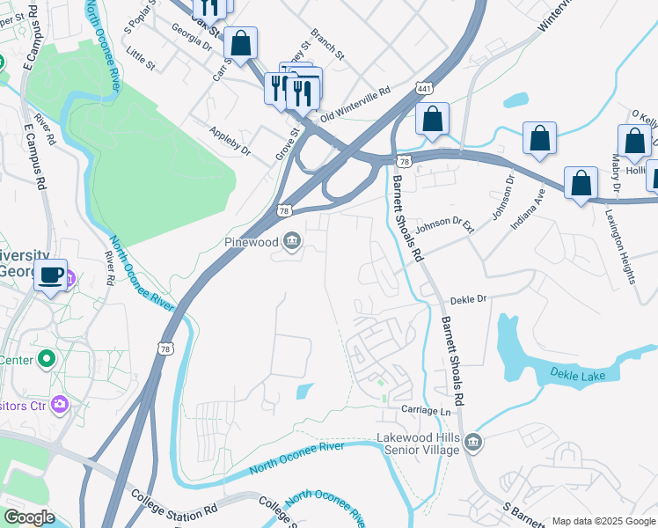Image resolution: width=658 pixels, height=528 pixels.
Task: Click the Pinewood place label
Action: [x=250, y=241]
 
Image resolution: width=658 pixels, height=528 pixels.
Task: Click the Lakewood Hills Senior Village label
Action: [x=418, y=444]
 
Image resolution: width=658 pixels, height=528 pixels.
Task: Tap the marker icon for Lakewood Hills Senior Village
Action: [x=473, y=441]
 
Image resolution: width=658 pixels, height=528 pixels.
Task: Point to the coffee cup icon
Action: [x=50, y=275]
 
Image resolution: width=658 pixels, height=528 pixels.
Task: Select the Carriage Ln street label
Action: [x=426, y=412]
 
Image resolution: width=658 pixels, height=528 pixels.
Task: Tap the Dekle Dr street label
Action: [x=468, y=300]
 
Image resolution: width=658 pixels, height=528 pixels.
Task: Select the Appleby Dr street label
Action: [x=230, y=142]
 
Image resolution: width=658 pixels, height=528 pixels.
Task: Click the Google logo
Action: [x=29, y=517]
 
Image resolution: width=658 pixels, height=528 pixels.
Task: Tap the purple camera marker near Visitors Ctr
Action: [x=59, y=405]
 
